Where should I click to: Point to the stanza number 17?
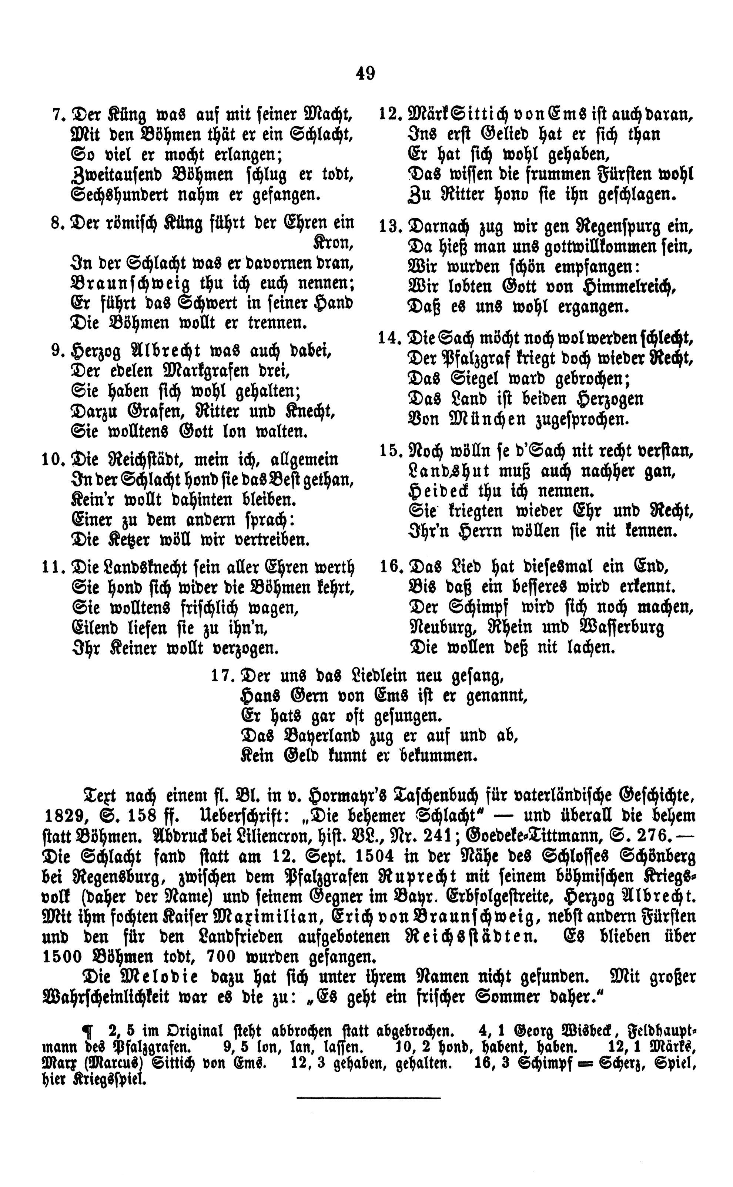point(221,675)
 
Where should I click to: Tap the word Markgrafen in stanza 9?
point(192,371)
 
